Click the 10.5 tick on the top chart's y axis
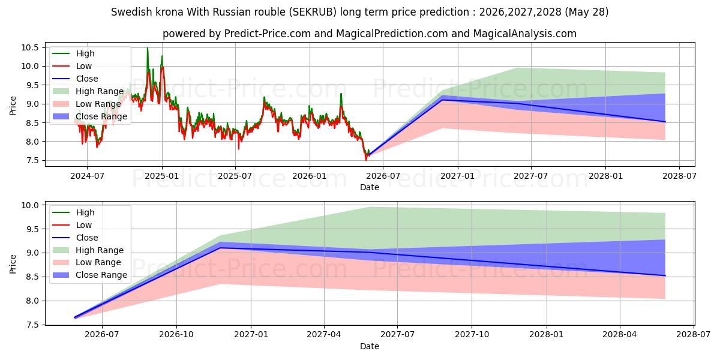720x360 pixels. point(30,47)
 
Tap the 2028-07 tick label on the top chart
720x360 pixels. point(679,176)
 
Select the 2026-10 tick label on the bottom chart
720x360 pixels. point(176,335)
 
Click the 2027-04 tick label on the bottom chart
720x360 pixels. point(324,335)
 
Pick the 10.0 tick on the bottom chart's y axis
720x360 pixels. point(30,205)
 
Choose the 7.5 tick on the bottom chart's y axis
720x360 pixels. point(32,325)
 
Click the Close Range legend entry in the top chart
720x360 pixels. point(90,116)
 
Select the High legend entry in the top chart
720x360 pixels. point(73,53)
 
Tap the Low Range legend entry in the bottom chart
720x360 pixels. point(87,262)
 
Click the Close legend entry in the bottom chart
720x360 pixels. point(75,238)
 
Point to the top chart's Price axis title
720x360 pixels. point(13,106)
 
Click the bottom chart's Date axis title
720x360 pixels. point(370,346)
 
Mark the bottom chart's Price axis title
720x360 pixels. point(13,264)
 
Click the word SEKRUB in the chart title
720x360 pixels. point(313,12)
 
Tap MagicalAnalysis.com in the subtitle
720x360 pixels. point(525,34)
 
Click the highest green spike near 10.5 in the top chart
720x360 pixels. point(148,48)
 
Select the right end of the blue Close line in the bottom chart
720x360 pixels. point(665,276)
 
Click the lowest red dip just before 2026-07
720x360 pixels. point(366,160)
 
